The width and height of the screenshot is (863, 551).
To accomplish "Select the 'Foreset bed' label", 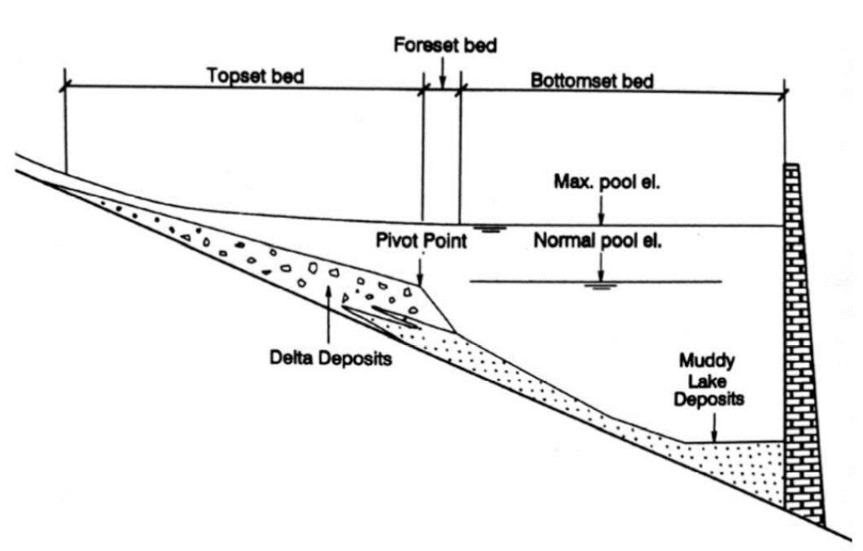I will click(445, 46).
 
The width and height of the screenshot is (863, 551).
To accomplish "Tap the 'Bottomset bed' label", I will click(592, 81).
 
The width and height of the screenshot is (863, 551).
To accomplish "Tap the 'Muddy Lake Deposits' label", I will click(714, 378).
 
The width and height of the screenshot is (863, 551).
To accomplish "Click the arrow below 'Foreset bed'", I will click(442, 75).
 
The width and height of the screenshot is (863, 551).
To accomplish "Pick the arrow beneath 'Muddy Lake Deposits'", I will click(714, 426).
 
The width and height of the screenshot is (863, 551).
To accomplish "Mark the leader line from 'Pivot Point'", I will click(420, 269).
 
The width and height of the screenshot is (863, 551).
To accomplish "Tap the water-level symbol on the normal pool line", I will click(600, 286).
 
